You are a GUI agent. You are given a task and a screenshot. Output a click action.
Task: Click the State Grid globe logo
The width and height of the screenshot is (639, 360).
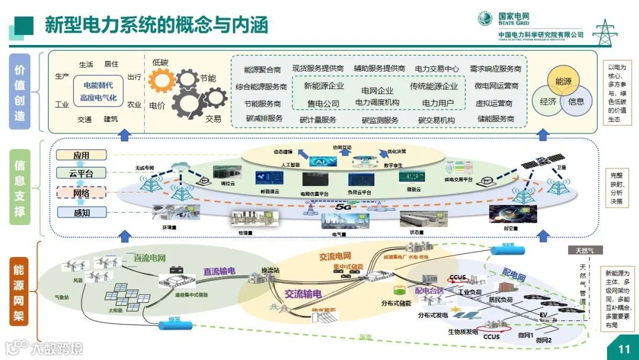[x=485, y=18]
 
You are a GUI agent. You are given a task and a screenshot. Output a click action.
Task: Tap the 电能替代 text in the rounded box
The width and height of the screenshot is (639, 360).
[x=99, y=85]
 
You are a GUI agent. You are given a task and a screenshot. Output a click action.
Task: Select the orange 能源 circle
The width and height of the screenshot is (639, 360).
[x=563, y=82]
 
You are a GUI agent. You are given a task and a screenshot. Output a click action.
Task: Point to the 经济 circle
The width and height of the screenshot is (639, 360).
[x=548, y=101]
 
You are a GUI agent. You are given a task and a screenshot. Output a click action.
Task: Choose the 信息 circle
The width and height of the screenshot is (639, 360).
[x=576, y=101]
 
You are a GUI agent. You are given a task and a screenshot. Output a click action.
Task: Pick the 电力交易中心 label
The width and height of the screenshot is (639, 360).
[x=437, y=69]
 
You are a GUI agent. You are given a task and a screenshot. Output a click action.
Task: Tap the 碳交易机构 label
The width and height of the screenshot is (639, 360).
[x=437, y=120]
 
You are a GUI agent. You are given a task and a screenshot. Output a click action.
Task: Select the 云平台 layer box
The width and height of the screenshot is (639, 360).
[x=82, y=173]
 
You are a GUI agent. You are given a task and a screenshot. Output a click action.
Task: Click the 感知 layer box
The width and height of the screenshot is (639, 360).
[x=82, y=213]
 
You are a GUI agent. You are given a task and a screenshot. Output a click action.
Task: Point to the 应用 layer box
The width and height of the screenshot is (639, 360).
[x=82, y=155]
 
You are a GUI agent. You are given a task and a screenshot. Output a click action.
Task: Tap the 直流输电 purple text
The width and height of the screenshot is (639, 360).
[x=219, y=271]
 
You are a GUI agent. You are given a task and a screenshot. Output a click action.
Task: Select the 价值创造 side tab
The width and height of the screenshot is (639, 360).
[x=20, y=91]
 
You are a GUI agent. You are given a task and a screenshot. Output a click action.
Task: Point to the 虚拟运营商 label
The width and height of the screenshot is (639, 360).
[x=494, y=103]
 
